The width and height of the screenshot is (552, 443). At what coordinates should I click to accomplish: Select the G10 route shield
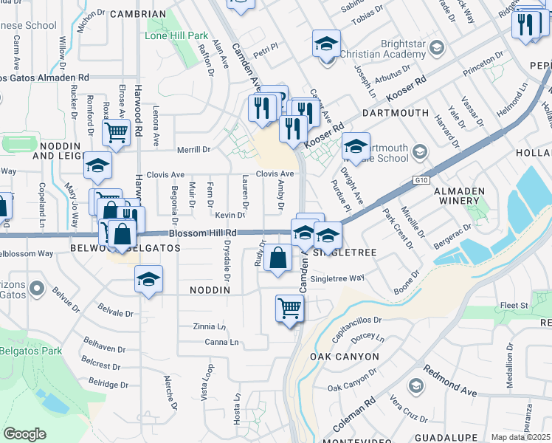pyautogui.click(x=421, y=179)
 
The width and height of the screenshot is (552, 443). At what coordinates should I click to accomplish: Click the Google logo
pyautogui.click(x=24, y=433)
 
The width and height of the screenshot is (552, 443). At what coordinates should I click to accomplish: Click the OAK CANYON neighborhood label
pyautogui.click(x=344, y=357)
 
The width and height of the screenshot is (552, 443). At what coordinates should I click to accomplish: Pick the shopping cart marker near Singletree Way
pyautogui.click(x=289, y=309)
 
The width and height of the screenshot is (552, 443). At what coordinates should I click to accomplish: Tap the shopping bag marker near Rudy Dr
pyautogui.click(x=278, y=259)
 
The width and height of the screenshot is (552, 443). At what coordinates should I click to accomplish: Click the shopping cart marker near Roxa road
pyautogui.click(x=116, y=133)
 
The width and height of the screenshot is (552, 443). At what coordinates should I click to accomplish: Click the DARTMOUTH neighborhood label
pyautogui.click(x=396, y=113)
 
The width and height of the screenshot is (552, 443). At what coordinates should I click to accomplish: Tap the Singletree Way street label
pyautogui.click(x=337, y=278)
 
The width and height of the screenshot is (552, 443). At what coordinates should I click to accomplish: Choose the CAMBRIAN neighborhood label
pyautogui.click(x=137, y=14)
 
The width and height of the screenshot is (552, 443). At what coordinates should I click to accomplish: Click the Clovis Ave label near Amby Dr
pyautogui.click(x=275, y=174)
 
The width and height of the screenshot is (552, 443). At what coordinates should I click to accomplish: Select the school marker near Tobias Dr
pyautogui.click(x=325, y=44)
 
